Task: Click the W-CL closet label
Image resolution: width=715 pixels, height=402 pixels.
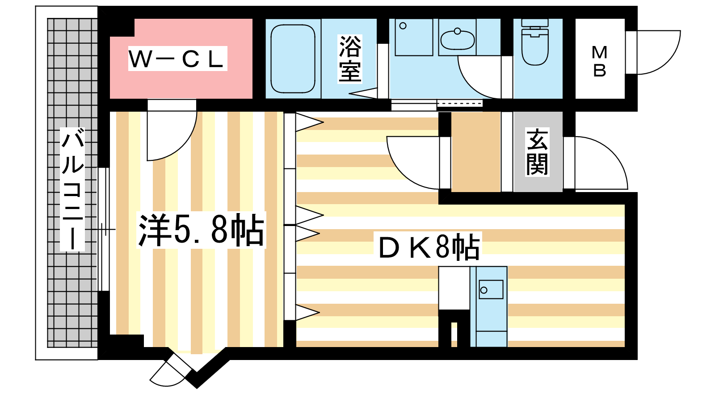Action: pos(177,59)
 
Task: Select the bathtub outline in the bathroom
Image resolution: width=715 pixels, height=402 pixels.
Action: pos(293,59)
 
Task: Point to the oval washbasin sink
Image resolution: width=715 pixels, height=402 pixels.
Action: pos(458,40)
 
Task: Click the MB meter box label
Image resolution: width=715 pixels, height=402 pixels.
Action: pos(599,62)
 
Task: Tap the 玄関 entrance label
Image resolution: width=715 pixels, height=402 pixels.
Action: pos(538,152)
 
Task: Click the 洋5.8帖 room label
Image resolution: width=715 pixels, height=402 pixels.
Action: pos(201,230)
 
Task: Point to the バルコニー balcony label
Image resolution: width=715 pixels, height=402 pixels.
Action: pos(72,189)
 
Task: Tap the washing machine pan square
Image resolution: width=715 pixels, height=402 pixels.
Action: pos(414,38)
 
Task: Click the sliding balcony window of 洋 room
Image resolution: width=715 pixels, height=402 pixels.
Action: pos(103,229)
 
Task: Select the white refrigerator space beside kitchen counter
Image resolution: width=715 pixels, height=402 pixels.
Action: pos(454,288)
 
